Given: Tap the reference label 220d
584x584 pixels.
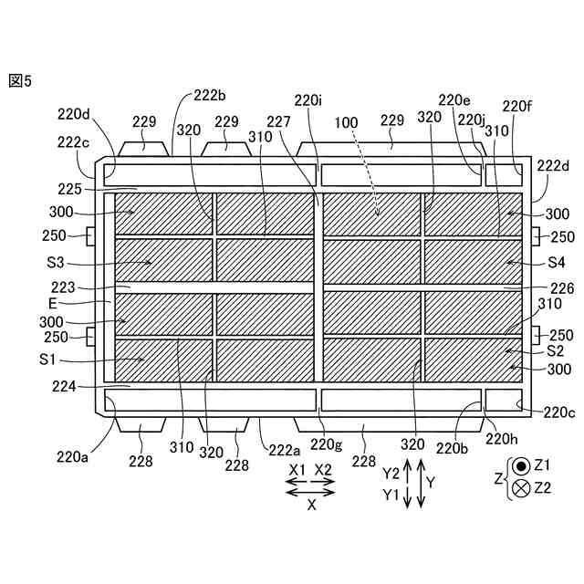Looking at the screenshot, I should [73, 114].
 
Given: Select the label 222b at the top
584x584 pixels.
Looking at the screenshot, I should [211, 96].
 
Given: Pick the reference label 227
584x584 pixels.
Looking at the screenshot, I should [279, 121].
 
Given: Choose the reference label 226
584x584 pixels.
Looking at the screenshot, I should [562, 288].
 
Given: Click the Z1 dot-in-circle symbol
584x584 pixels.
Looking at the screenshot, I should [520, 465].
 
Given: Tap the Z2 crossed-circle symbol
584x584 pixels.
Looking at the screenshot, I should [520, 487].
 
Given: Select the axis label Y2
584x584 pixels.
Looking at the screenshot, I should [391, 473].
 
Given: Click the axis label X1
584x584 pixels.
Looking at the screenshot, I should [297, 471].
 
